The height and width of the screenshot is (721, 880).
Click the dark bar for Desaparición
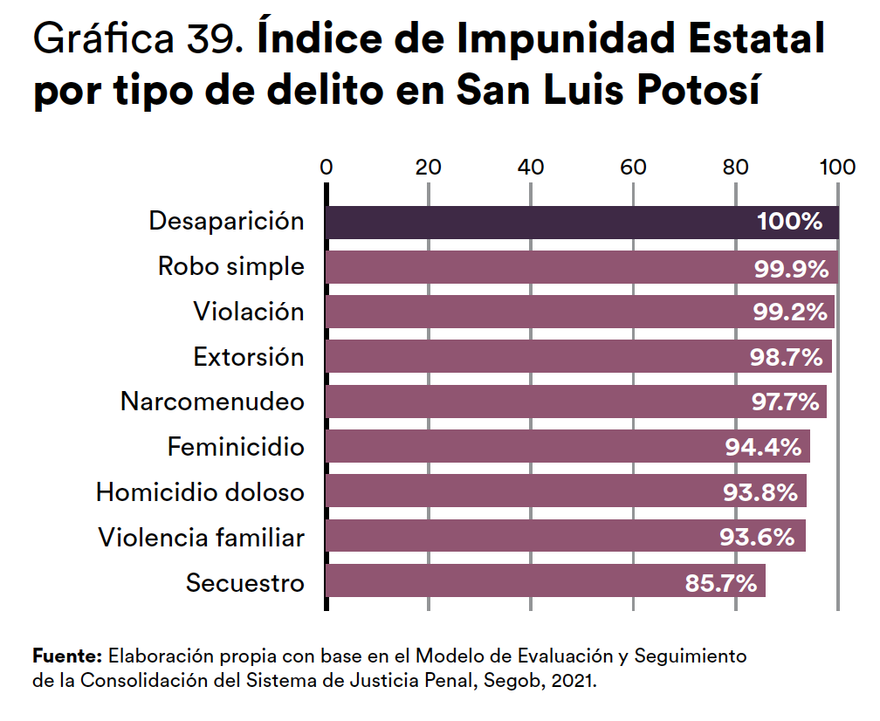(x=524, y=222)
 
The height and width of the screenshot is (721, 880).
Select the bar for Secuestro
(x=489, y=581)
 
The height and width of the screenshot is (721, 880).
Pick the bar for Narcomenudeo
(x=524, y=402)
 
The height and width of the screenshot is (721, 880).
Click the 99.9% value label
(x=791, y=268)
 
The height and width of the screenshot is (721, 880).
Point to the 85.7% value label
(x=720, y=582)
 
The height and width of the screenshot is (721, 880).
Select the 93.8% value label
(x=760, y=492)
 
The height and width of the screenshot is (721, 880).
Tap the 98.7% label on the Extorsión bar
(x=787, y=357)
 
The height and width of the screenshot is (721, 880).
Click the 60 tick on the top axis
(x=633, y=168)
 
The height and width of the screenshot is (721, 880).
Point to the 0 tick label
(x=327, y=168)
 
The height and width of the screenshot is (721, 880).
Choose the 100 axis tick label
(x=837, y=168)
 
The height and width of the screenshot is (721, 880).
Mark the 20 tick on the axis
(x=428, y=168)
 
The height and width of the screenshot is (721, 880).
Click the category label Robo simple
(x=231, y=266)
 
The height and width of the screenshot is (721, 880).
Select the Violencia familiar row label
(x=201, y=537)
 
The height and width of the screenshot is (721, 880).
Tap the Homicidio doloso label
(x=200, y=492)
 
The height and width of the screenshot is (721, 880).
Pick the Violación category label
(x=249, y=312)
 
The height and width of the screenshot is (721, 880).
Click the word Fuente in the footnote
(x=68, y=655)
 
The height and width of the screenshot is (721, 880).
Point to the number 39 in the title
(x=210, y=40)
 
